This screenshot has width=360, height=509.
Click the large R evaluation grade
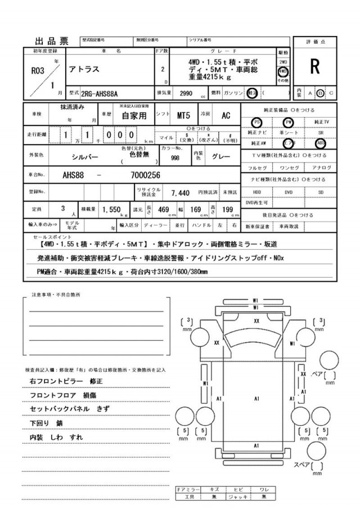(314, 67)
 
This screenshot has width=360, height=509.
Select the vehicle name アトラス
(85, 70)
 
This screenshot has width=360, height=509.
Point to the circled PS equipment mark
(256, 122)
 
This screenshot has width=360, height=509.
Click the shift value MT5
(183, 115)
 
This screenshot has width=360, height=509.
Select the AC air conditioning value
(226, 115)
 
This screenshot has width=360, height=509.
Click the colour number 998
(175, 158)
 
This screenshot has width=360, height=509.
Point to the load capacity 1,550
(112, 209)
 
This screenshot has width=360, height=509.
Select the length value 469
(163, 210)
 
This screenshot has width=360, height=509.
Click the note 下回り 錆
(46, 422)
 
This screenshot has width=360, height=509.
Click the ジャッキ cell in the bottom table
(240, 497)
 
